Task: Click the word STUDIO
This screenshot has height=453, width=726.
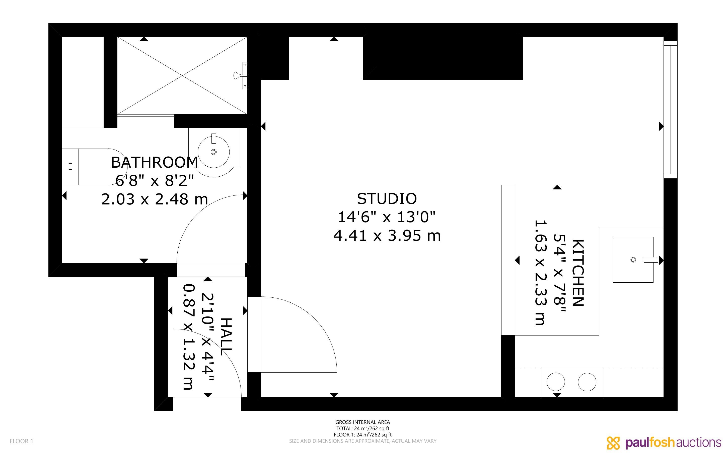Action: pos(387,199)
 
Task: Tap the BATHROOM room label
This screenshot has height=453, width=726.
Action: pos(155,162)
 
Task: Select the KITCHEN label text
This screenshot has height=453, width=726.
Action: pos(578,273)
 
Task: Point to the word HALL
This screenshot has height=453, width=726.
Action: pos(226,337)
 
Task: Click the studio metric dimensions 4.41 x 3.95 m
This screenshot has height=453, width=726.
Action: pos(387,236)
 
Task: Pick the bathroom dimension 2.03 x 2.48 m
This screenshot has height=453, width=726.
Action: pos(155,199)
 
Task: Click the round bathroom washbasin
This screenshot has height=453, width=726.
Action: pos(213,152)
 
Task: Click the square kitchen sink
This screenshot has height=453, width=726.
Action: pos(633,260)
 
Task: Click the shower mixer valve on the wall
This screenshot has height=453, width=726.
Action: pos(241,75)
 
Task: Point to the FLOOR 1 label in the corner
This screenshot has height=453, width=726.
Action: pos(21,441)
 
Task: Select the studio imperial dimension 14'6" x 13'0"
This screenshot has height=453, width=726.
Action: pos(387,217)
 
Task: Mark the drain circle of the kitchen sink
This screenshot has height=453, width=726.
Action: pos(633,260)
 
